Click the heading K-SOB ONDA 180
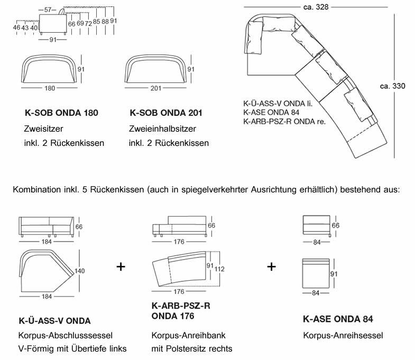tap(61, 113)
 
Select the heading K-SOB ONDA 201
tap(165, 113)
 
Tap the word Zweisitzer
tap(42, 128)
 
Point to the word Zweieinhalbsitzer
tap(162, 128)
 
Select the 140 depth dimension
tap(80, 271)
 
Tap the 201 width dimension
tap(155, 88)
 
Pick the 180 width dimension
tap(50, 88)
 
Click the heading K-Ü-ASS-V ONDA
tap(54, 320)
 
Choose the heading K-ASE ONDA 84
tap(338, 319)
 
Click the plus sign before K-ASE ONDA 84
tap(271, 266)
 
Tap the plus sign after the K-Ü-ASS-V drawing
tap(121, 266)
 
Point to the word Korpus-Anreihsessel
tap(343, 336)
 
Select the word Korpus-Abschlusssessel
tap(66, 336)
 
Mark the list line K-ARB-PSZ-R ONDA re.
tap(284, 121)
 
